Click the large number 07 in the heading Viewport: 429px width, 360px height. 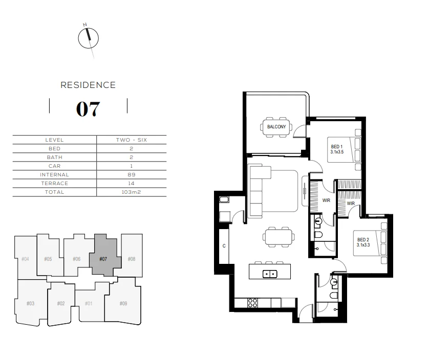pyautogui.click(x=88, y=108)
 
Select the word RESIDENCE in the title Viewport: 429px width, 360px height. pyautogui.click(x=88, y=85)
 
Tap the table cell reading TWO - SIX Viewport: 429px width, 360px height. pyautogui.click(x=131, y=140)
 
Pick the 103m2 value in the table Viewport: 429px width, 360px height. pyautogui.click(x=131, y=192)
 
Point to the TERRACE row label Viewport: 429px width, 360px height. pyautogui.click(x=54, y=184)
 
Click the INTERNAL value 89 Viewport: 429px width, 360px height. pyautogui.click(x=131, y=175)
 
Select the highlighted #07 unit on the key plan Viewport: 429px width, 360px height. pyautogui.click(x=103, y=259)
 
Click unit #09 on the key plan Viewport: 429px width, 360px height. pyautogui.click(x=123, y=304)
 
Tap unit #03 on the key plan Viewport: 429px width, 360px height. pyautogui.click(x=30, y=304)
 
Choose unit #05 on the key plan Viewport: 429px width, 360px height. pyautogui.click(x=48, y=259)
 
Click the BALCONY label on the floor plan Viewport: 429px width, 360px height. pyautogui.click(x=276, y=127)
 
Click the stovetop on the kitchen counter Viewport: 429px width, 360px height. pyautogui.click(x=252, y=303)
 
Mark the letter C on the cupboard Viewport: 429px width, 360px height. pyautogui.click(x=224, y=246)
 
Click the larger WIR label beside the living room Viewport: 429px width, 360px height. pyautogui.click(x=326, y=200)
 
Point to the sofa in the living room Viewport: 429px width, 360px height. pyautogui.click(x=256, y=189)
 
